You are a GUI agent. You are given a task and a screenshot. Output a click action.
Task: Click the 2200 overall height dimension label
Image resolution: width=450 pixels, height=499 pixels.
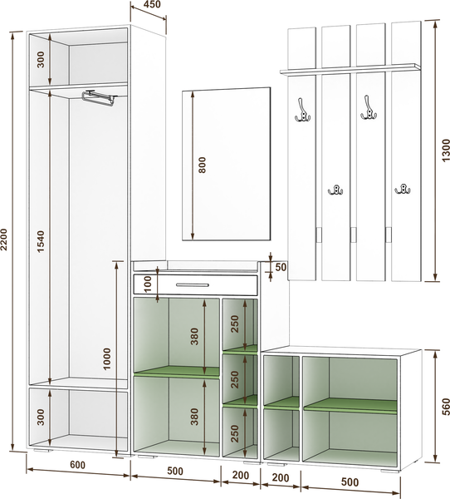point(4,240)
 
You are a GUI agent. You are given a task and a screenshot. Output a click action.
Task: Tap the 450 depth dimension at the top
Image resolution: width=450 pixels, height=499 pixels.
point(152,4)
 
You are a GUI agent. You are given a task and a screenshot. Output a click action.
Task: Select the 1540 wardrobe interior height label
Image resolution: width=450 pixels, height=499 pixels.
point(42,241)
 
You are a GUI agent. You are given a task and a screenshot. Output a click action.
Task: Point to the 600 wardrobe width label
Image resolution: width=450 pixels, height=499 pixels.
point(77,465)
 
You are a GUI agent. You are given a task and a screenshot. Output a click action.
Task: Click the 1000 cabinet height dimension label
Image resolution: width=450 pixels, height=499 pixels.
point(107,358)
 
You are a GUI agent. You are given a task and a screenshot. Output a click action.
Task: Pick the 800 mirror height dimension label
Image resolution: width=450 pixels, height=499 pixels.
point(202,165)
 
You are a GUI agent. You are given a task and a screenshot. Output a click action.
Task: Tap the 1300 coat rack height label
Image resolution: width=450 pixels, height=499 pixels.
point(446,151)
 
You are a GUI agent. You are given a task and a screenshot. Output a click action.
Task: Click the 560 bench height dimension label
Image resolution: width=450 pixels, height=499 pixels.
point(446,407)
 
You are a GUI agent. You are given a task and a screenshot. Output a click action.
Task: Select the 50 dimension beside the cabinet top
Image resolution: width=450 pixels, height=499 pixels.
point(281,267)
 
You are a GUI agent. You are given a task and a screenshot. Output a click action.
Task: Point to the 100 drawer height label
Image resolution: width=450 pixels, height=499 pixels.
point(148,284)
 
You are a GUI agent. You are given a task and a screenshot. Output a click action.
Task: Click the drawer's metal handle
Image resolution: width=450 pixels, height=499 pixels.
point(193,284)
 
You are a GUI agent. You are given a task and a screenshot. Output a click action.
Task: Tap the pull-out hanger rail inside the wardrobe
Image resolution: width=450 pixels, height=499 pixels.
point(100,97)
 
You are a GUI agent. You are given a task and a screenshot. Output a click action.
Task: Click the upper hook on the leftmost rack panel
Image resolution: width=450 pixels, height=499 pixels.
point(302,111)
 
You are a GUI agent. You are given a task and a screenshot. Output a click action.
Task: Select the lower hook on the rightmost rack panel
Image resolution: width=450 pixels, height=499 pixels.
point(403,189)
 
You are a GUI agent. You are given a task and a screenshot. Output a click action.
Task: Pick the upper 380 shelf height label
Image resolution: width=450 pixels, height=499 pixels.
point(194,336)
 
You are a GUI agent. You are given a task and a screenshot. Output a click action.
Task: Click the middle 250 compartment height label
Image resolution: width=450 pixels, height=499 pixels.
point(234,379)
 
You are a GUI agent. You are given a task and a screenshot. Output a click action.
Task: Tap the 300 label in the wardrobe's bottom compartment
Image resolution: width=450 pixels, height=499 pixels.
point(41,417)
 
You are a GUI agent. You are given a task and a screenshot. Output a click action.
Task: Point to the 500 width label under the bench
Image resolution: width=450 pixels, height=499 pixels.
point(350,482)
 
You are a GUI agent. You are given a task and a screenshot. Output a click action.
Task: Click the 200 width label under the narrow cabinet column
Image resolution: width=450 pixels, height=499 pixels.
point(241,475)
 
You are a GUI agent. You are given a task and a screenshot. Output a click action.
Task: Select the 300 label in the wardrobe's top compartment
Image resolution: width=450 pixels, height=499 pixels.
point(41,60)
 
